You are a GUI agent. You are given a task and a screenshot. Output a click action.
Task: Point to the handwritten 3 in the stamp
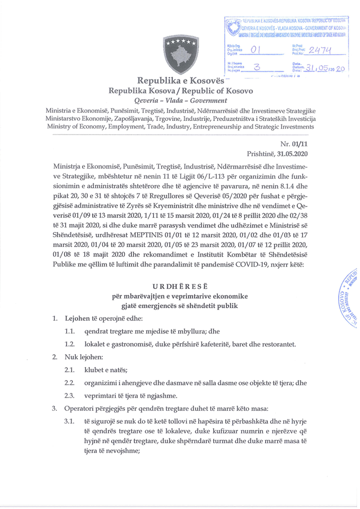pos(258,67)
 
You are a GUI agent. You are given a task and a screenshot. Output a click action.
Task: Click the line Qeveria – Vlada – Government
pos(180,100)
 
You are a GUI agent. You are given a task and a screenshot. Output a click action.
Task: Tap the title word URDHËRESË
pos(180,285)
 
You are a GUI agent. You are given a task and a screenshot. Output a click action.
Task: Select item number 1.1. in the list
pos(69,331)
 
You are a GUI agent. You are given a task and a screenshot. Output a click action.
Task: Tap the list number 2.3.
pos(69,396)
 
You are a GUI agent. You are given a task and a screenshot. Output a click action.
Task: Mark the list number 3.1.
pos(69,422)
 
